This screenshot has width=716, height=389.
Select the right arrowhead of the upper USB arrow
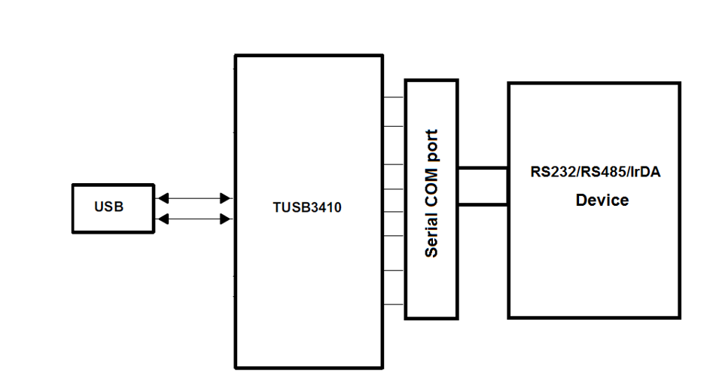click(x=225, y=198)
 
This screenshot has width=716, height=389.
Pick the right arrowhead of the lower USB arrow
click(x=225, y=219)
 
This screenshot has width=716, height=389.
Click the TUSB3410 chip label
click(x=306, y=207)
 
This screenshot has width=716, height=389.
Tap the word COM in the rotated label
click(x=431, y=188)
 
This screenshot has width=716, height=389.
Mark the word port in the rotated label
click(x=431, y=146)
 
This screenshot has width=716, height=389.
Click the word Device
click(x=602, y=201)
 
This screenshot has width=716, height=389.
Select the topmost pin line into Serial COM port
click(x=394, y=97)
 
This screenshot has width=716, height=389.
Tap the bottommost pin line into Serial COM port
click(x=394, y=305)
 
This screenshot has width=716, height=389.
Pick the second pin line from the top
click(x=394, y=126)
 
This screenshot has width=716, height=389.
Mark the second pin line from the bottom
click(x=394, y=270)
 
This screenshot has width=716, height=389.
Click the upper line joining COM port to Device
click(x=483, y=168)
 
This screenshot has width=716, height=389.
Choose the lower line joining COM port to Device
click(x=483, y=204)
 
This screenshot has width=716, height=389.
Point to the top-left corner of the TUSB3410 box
click(x=236, y=56)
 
